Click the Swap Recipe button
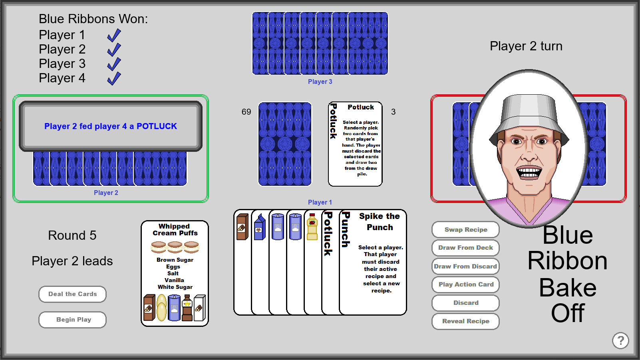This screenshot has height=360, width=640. coord(465,230)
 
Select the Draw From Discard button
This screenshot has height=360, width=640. coord(465,266)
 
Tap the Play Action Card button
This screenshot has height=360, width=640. coord(465,284)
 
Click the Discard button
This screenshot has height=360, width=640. coord(465,303)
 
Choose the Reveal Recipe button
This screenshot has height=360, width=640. coord(465,321)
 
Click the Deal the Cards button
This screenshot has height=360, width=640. coord(72,294)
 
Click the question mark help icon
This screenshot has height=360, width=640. coord(620,340)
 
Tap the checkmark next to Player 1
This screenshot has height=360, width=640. coord(114,35)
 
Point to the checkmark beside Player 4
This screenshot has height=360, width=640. coord(114,78)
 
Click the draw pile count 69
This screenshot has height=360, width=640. coord(246,112)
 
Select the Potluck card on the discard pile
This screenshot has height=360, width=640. coord(355,144)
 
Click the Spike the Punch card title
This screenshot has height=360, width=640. coord(379,222)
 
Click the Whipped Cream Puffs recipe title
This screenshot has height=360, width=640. coord(175,230)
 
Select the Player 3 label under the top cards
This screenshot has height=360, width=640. coord(320,82)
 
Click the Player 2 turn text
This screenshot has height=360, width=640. coord(526,46)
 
